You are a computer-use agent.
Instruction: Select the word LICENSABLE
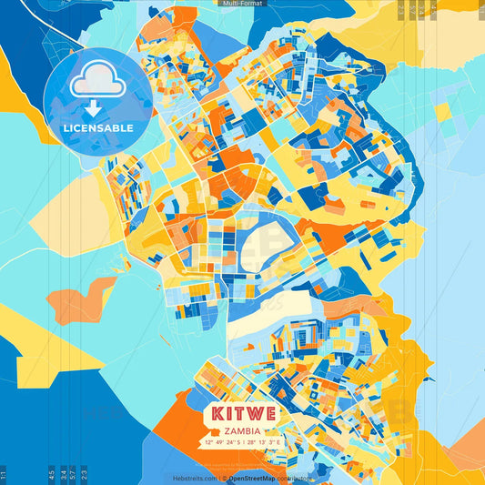tap(97, 127)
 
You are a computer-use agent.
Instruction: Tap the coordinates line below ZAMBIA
tap(242, 443)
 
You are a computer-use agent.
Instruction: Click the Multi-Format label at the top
tap(242, 4)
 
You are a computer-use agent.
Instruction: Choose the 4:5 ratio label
tap(51, 474)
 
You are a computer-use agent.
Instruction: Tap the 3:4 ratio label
tap(63, 474)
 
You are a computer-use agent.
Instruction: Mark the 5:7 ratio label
tap(73, 474)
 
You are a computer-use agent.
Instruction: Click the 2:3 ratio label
tap(84, 474)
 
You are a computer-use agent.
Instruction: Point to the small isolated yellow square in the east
tap(442, 113)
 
